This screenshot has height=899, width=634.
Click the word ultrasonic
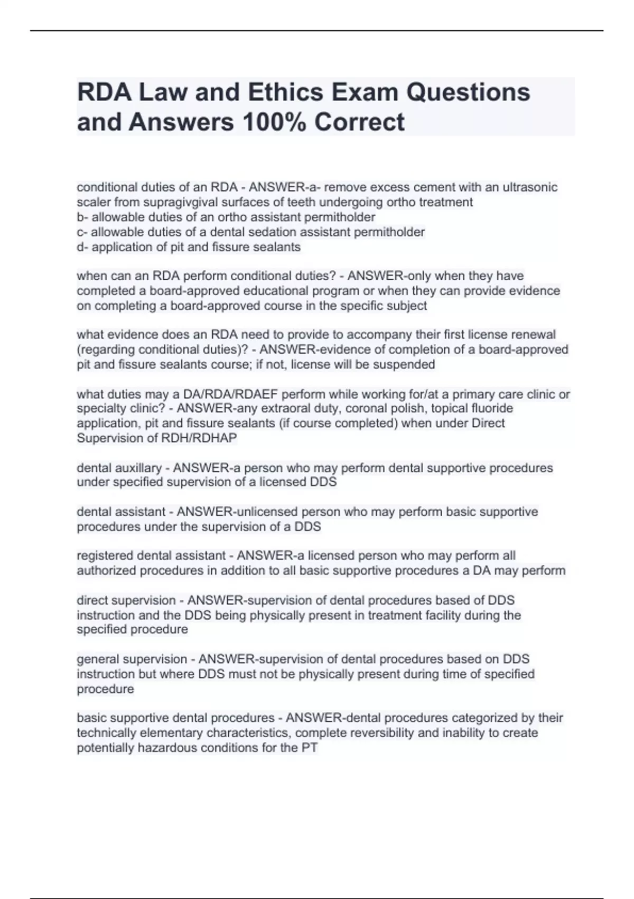(x=530, y=187)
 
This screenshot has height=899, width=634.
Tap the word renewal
(x=532, y=335)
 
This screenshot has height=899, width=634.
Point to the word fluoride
(x=491, y=408)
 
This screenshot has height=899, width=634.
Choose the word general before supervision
(x=98, y=659)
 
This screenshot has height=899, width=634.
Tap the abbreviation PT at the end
(x=310, y=748)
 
